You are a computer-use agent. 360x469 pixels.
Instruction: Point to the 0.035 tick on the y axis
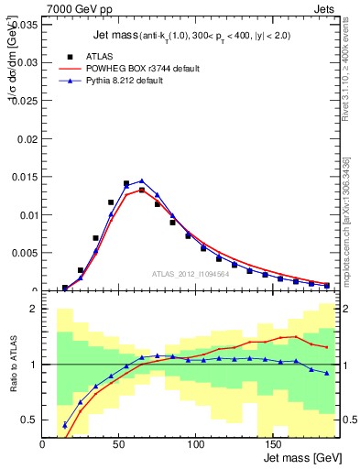25,25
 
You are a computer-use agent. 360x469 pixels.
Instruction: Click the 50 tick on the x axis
119,444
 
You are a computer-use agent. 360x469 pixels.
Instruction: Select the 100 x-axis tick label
195,444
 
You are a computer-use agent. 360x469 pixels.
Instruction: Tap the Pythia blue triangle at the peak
142,181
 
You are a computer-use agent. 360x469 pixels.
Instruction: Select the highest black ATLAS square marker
126,184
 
